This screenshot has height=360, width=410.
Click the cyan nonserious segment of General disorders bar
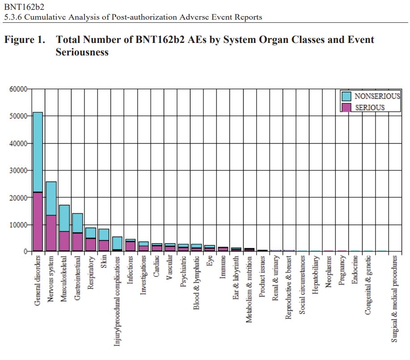(x=38, y=152)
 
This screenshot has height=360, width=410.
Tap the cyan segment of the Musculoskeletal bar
(x=64, y=218)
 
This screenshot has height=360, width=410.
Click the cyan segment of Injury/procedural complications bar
(x=117, y=243)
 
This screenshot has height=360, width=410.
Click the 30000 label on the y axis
(x=19, y=170)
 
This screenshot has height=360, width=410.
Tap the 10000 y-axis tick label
(x=19, y=224)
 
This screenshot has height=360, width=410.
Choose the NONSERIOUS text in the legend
(x=377, y=96)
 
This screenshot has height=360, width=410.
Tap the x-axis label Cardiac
(x=156, y=267)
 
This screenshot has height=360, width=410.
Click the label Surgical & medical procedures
(x=394, y=299)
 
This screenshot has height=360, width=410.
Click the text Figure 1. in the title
(x=25, y=40)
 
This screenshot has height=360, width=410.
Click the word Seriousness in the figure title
(x=82, y=52)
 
